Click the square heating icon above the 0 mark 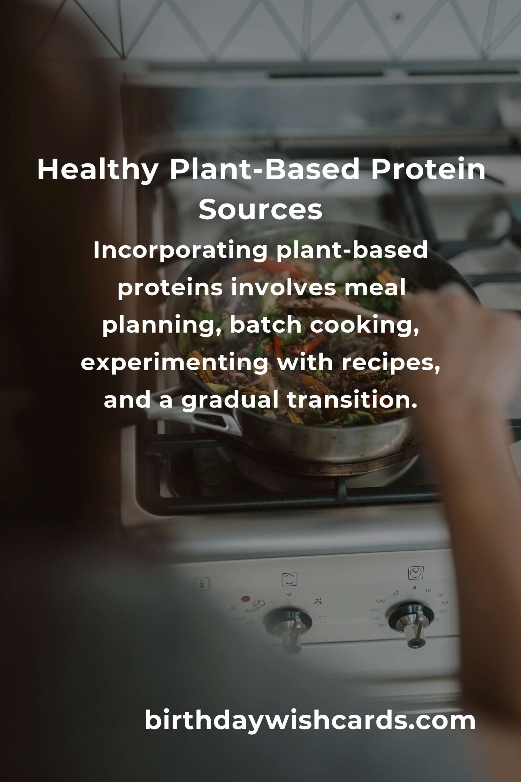[289, 579]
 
